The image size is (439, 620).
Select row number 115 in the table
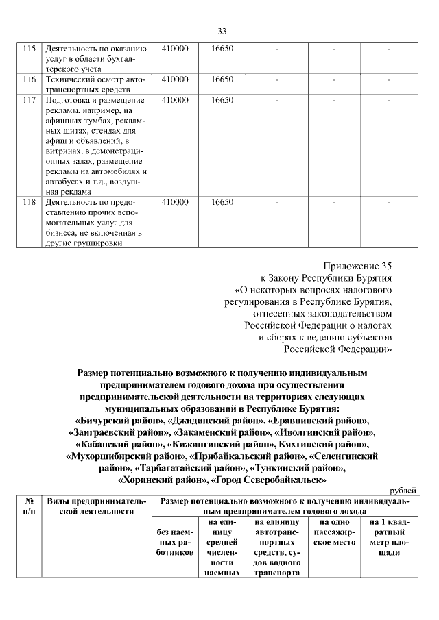click(29, 49)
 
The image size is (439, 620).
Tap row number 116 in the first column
click(29, 80)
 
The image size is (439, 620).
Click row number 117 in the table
click(29, 101)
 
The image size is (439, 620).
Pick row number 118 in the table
click(29, 203)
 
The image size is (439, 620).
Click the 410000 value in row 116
click(175, 80)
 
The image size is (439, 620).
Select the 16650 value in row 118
click(222, 203)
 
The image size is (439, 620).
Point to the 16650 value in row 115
click(222, 49)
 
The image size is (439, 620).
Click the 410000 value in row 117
click(175, 101)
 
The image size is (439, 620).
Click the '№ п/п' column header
click(29, 506)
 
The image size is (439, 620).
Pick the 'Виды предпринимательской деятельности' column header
click(96, 506)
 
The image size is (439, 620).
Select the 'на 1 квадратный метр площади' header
click(389, 537)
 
